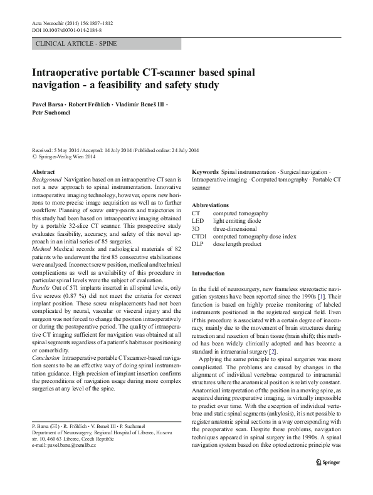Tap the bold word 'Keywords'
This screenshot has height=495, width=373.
[205, 171]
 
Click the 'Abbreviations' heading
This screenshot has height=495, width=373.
[210, 205]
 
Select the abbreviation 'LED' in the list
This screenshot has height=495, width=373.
[197, 221]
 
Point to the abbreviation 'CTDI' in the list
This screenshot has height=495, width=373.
[199, 237]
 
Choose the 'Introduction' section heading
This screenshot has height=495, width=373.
[208, 273]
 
